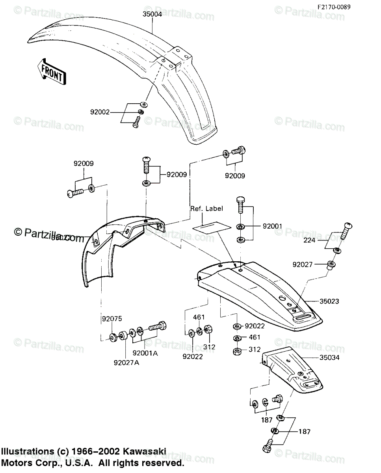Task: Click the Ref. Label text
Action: click(x=206, y=209)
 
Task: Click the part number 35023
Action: click(x=329, y=301)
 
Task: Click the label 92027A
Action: click(x=126, y=363)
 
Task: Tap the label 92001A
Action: click(x=145, y=353)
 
